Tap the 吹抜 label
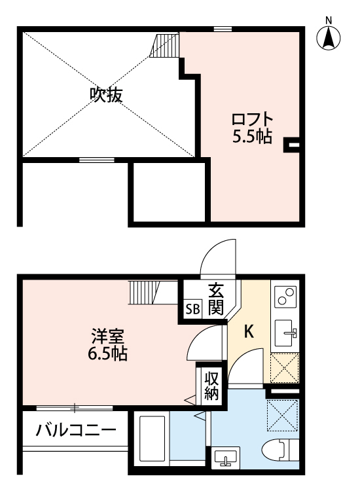[x=106, y=96]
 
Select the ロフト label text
[x=252, y=120]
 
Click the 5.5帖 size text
[x=252, y=137]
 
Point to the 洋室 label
[x=107, y=338]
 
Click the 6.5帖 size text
[x=107, y=355]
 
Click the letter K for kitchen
[x=249, y=332]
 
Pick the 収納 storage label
[x=211, y=386]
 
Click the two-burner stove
[x=285, y=298]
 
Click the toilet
[x=278, y=452]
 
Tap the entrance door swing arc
[x=216, y=259]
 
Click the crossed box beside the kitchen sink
[x=285, y=368]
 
